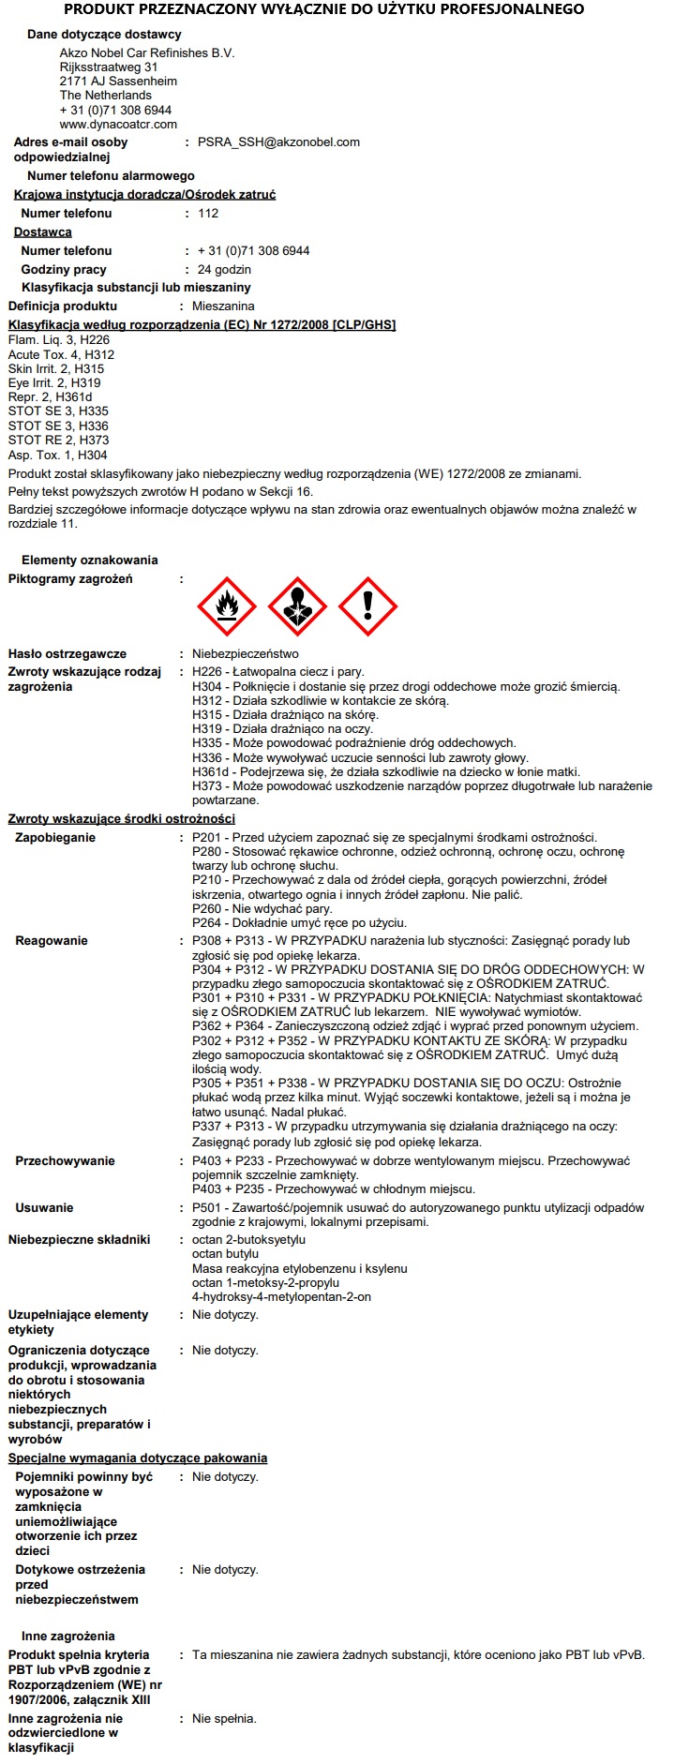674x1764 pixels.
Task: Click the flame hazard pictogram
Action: tap(227, 606)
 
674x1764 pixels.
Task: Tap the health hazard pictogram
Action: tap(297, 606)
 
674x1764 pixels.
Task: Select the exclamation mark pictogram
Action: tap(367, 606)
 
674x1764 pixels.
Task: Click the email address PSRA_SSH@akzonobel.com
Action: tap(278, 142)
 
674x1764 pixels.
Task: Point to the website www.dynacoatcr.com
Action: tap(118, 124)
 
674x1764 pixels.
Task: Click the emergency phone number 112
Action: tap(208, 214)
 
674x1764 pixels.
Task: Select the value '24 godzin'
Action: tap(224, 270)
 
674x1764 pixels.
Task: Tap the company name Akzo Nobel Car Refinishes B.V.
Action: tap(146, 53)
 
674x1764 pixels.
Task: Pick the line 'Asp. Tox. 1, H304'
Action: tap(57, 456)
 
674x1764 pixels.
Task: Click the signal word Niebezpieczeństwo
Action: tap(246, 654)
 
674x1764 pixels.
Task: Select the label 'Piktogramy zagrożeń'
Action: tap(70, 579)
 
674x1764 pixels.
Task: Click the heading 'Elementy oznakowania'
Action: tap(90, 561)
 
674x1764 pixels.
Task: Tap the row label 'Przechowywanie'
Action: tap(65, 1161)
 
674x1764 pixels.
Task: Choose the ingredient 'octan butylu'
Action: tap(225, 1254)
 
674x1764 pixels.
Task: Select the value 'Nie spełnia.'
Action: tap(224, 1719)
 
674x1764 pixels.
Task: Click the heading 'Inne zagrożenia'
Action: tap(68, 1637)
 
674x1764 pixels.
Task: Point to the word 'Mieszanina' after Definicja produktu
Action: tap(223, 306)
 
